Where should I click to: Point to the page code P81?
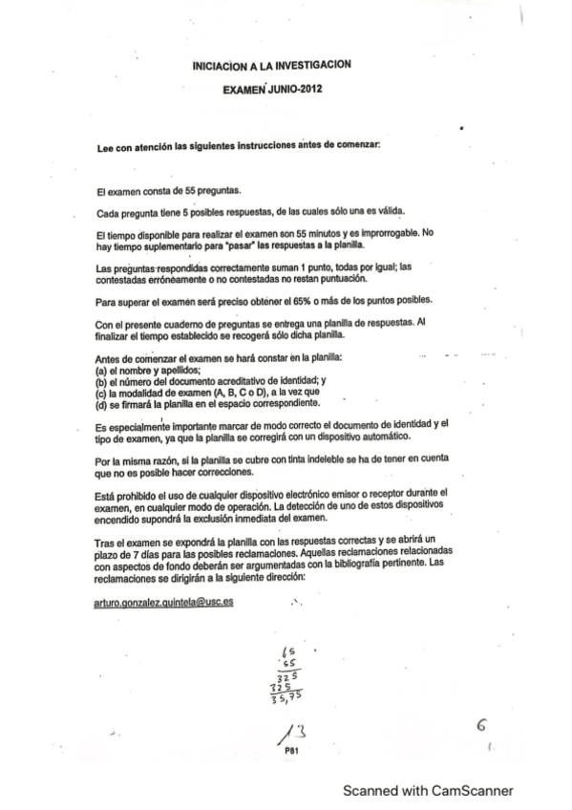coord(291,751)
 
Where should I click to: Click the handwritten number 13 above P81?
coord(290,733)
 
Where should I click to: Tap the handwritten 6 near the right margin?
coord(483,727)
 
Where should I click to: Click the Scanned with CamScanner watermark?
coord(429,791)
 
